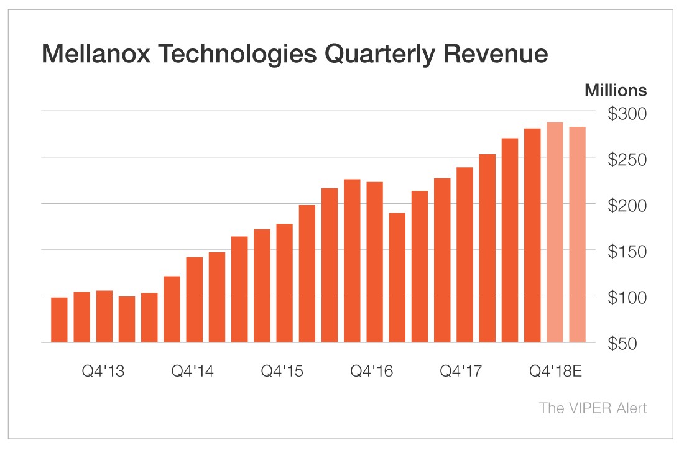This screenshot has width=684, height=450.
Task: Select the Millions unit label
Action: pos(615,91)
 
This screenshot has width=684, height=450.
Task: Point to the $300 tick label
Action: pos(626,114)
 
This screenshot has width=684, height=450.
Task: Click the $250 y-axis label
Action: pos(626,160)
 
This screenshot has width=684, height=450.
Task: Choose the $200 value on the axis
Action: pos(626,206)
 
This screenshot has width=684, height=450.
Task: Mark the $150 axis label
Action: pos(626,252)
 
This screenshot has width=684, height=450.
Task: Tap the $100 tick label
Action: pos(626,298)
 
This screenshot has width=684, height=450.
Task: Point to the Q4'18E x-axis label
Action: pos(555,372)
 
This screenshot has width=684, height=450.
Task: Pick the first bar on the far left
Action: pos(59,320)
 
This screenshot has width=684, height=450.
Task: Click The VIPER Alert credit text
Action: pos(593,408)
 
